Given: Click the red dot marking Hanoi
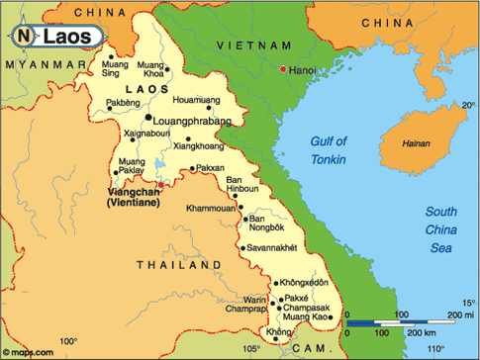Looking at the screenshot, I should tap(283, 68).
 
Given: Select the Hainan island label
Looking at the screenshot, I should tap(416, 143).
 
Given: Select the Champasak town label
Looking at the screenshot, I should tap(309, 309).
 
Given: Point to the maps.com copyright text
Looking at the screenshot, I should tap(27, 350).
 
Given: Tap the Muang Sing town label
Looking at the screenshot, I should tap(116, 68).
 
